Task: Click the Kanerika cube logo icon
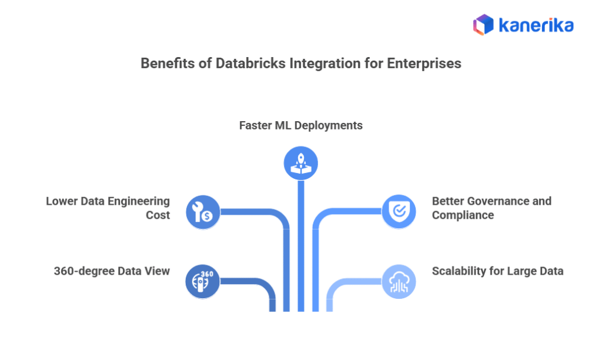[x=483, y=25]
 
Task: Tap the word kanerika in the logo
[x=536, y=25]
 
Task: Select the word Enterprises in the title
[x=424, y=64]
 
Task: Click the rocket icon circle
[x=300, y=163]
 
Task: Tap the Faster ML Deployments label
[x=300, y=125]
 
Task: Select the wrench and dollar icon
[x=203, y=211]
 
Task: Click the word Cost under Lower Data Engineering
[x=158, y=215]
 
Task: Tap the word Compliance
[x=463, y=215]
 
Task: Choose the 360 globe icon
[x=203, y=281]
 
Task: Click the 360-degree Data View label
[x=112, y=271]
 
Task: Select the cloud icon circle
[x=399, y=281]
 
